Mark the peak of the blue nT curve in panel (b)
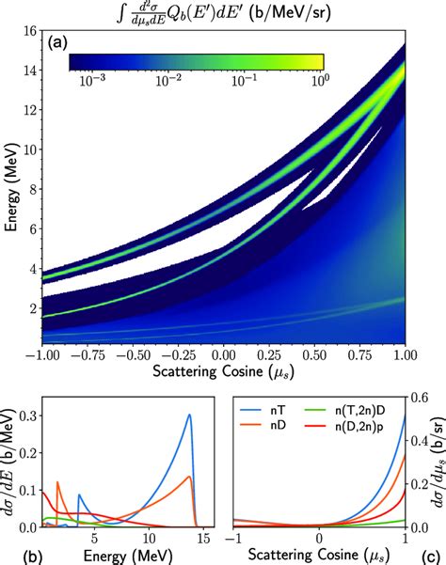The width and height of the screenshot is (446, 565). pos(189,415)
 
